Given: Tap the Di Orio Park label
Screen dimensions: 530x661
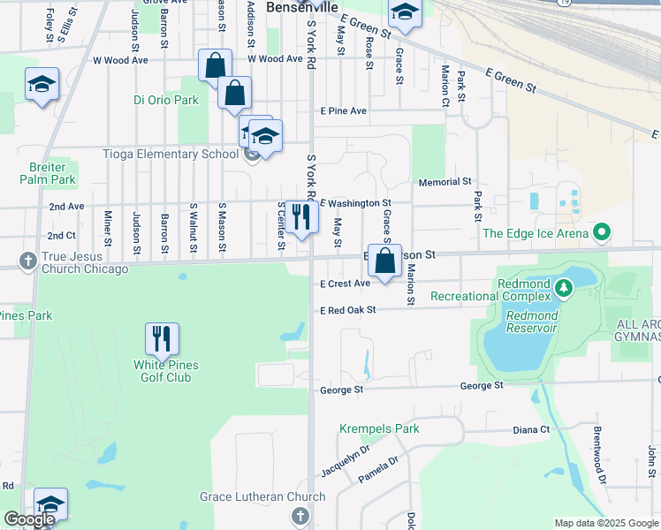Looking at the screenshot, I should coord(166,100).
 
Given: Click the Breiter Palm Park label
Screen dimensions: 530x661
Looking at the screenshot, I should coord(46,173).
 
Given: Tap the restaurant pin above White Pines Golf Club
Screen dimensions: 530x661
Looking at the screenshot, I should coord(161,340).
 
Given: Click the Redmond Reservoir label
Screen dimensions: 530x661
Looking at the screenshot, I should coord(531,322).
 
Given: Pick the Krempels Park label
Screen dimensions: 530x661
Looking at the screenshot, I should coord(379,429).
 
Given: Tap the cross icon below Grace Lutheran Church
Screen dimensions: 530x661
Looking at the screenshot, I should coord(300,516).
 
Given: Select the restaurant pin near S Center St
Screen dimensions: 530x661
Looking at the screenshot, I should coord(301,217).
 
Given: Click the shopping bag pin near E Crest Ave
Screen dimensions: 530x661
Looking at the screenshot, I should coord(384,261).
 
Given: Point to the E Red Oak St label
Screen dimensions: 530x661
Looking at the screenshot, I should coord(348,310).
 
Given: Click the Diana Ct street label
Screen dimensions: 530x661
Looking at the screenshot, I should coord(531,430).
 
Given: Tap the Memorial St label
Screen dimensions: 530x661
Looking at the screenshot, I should coord(444,181).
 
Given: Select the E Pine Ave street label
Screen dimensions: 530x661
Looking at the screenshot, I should coord(343,111).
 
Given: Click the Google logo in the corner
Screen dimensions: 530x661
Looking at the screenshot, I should coord(28,520).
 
